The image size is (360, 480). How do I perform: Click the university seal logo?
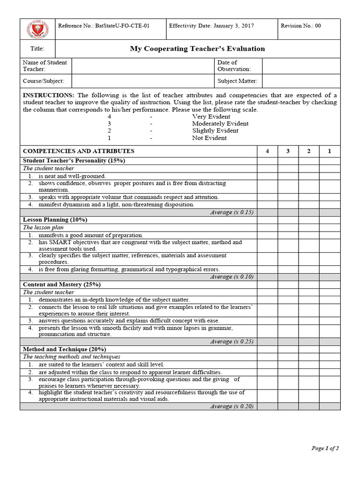(37, 30)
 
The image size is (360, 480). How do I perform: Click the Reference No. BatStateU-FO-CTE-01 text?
(103, 26)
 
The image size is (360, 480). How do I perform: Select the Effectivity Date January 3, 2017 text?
(211, 26)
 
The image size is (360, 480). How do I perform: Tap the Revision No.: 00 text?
(300, 26)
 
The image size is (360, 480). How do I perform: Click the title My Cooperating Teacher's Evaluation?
(197, 49)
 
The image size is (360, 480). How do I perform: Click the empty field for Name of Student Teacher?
(142, 66)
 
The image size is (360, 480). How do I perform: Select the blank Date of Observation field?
(301, 66)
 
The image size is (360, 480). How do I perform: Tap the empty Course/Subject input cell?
(142, 81)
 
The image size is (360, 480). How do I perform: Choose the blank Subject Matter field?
(301, 81)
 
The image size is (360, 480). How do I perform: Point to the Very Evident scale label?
(211, 117)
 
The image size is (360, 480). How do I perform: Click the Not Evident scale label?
(209, 138)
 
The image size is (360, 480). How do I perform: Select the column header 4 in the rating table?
(267, 151)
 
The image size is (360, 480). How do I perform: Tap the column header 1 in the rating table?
(330, 151)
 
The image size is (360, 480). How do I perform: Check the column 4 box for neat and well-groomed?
(267, 176)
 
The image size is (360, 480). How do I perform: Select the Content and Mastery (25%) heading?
(62, 285)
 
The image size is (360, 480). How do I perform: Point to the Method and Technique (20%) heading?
(64, 349)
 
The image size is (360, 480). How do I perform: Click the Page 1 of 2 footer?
(325, 448)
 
